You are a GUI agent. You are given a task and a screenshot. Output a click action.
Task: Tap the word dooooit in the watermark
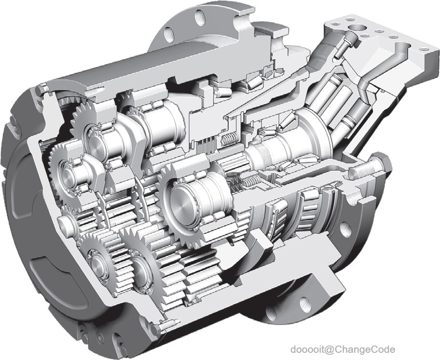coord(307,349)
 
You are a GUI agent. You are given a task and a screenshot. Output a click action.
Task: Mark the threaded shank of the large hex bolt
coord(361,171)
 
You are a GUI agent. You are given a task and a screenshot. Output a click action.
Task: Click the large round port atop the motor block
coord(357,28)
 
